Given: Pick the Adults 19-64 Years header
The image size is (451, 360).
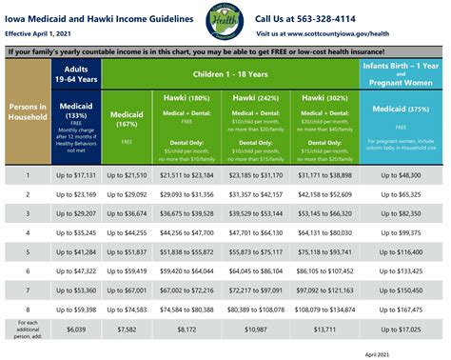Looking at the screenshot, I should [x=75, y=74].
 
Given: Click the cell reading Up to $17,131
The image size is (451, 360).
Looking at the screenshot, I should [x=75, y=176].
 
